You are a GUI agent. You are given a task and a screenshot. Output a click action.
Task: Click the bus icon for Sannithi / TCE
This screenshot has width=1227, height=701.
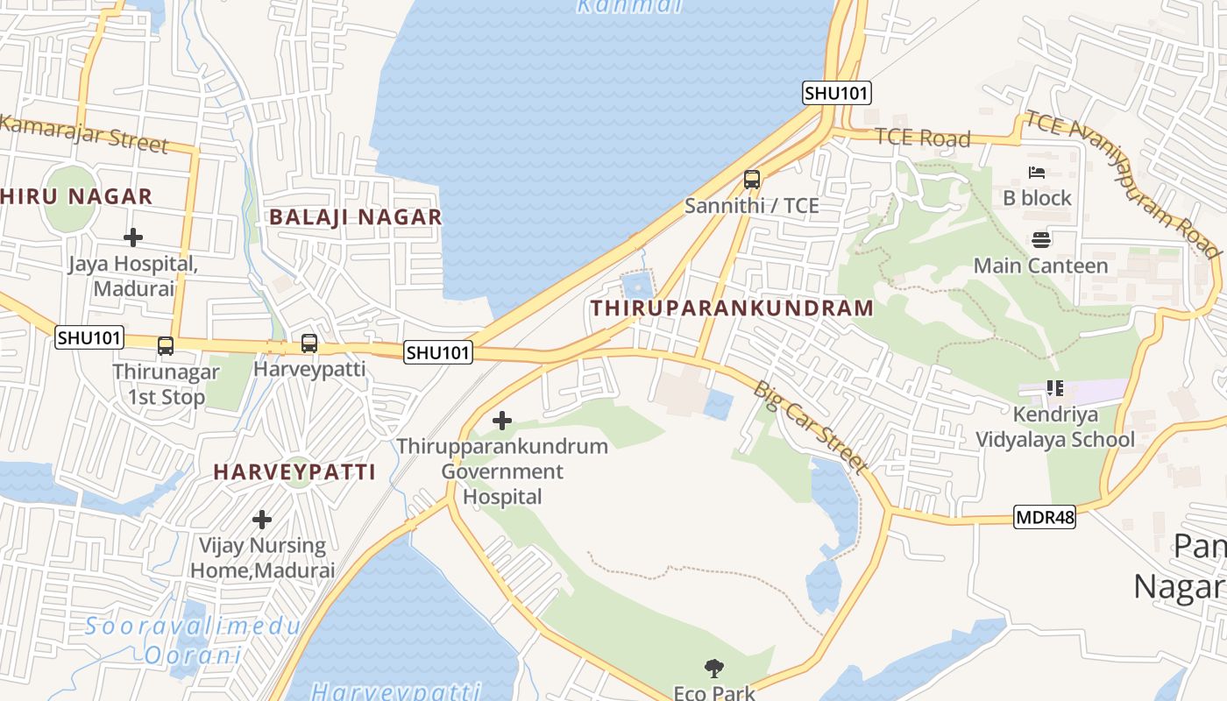[751, 180]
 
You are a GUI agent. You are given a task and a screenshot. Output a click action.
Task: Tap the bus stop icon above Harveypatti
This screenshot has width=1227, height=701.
[309, 343]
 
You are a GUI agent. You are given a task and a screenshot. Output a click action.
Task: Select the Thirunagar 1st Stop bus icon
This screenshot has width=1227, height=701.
[166, 346]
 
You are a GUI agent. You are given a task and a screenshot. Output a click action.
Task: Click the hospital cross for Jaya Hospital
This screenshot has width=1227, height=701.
[133, 237]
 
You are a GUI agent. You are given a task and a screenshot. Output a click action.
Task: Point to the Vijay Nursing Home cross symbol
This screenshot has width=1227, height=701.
[261, 520]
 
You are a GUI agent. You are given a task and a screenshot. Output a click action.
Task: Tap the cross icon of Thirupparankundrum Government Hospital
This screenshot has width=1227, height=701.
[502, 421]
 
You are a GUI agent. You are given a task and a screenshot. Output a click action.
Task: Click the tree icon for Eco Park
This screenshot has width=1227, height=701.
[714, 669]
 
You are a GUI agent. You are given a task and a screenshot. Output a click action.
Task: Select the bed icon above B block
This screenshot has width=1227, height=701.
[1037, 173]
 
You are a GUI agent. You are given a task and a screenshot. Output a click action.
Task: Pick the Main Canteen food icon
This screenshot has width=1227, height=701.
[1040, 239]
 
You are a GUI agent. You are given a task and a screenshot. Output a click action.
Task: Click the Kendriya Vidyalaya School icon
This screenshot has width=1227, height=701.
[1054, 388]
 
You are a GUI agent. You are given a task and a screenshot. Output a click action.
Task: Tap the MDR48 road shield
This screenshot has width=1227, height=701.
[1045, 517]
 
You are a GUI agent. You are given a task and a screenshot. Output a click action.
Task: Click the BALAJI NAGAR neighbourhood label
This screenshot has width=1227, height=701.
[355, 217]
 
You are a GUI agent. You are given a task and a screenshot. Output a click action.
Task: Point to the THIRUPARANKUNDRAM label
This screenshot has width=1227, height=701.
[732, 308]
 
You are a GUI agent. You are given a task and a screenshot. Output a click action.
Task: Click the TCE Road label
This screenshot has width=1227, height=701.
[922, 138]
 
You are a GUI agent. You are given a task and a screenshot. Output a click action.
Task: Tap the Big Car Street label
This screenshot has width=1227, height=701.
[810, 427]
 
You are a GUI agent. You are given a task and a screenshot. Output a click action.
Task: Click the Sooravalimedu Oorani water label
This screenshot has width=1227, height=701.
[193, 641]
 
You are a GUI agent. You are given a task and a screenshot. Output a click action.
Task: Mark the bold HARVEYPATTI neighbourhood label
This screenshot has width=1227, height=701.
[294, 472]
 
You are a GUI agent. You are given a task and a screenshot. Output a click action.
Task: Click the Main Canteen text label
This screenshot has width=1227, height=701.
[1040, 266]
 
